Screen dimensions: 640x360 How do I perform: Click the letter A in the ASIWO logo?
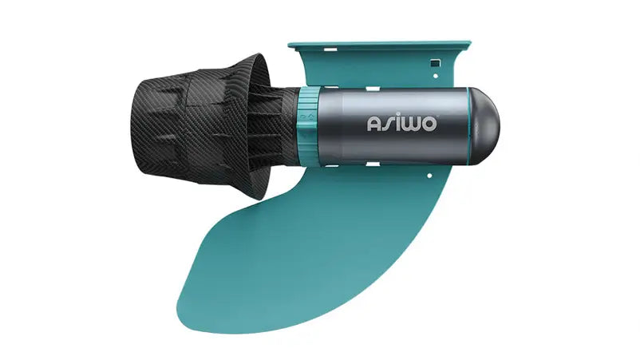tap(374, 124)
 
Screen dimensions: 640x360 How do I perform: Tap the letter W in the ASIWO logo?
tap(409, 124)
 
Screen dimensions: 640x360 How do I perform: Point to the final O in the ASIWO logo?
tap(428, 124)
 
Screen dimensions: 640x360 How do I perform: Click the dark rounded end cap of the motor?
tap(484, 126)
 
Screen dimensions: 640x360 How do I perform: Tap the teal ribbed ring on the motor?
tap(308, 126)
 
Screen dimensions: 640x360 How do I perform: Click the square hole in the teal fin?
tap(436, 64)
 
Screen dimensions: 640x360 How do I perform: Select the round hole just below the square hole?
tap(436, 76)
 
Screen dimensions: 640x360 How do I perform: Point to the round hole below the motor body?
tap(429, 176)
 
